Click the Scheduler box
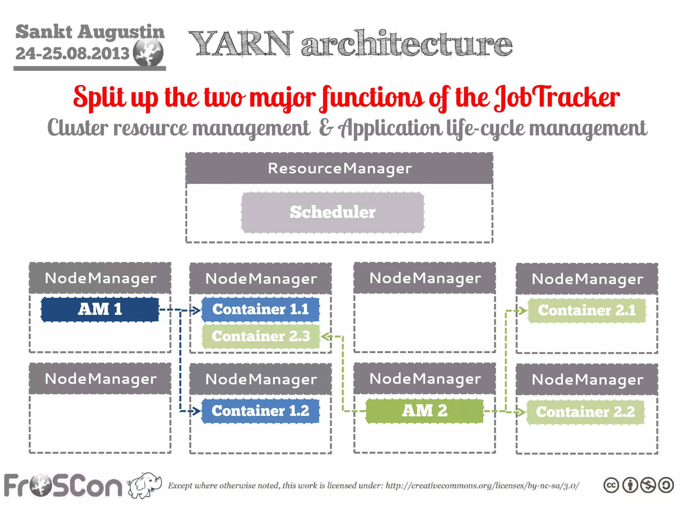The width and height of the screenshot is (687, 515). coord(332,212)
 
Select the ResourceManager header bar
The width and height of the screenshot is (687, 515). coord(339,168)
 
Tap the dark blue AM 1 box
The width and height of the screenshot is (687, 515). coord(100,309)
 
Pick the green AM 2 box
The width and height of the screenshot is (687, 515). coord(424,411)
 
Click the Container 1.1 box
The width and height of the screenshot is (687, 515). coord(261,309)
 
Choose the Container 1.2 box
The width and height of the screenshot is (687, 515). coord(261,411)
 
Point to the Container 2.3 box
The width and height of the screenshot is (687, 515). coord(261,336)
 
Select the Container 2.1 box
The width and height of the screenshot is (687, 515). coord(587,310)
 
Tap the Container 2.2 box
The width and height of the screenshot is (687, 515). coord(585,412)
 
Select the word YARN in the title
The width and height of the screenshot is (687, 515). coord(241,44)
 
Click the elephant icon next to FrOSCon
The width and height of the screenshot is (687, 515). coord(144,485)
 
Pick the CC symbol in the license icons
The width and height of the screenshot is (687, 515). coord(611,485)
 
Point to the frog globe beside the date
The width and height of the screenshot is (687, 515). coord(148,52)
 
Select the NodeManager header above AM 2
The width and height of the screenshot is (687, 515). coord(425,379)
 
